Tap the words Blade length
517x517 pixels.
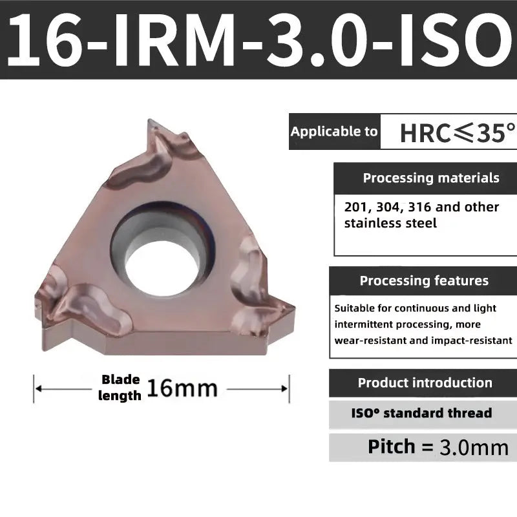120,388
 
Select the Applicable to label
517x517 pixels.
333,132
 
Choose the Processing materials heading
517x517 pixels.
430,178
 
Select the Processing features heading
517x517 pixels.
424,280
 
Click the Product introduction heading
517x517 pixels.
425,383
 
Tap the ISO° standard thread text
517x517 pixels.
421,413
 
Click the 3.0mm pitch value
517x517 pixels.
474,447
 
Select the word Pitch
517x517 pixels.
391,446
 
